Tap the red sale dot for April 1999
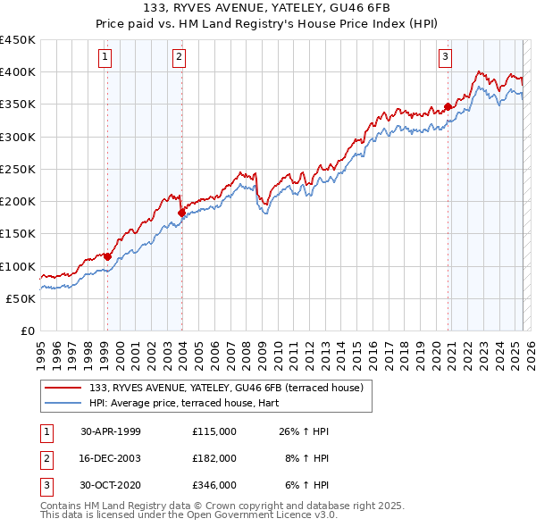(107, 256)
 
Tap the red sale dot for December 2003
(181, 213)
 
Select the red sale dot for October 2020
(448, 107)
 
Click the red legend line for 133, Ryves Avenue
(63, 388)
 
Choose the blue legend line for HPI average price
(63, 403)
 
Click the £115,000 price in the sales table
(214, 431)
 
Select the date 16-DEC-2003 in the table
(111, 457)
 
